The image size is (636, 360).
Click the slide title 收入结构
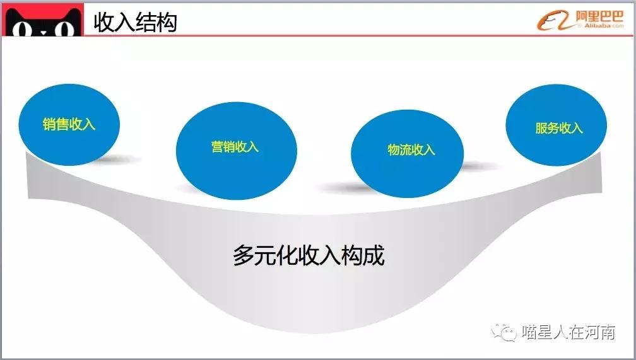pyautogui.click(x=135, y=22)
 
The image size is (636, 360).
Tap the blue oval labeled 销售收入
pyautogui.click(x=69, y=124)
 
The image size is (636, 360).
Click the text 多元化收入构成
pyautogui.click(x=309, y=256)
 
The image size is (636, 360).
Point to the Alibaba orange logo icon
pyautogui.click(x=555, y=21)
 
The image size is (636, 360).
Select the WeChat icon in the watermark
pyautogui.click(x=507, y=332)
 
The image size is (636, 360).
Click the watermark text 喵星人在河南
pyautogui.click(x=568, y=332)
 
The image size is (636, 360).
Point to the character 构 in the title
pyautogui.click(x=167, y=22)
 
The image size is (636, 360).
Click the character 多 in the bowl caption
pyautogui.click(x=243, y=256)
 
